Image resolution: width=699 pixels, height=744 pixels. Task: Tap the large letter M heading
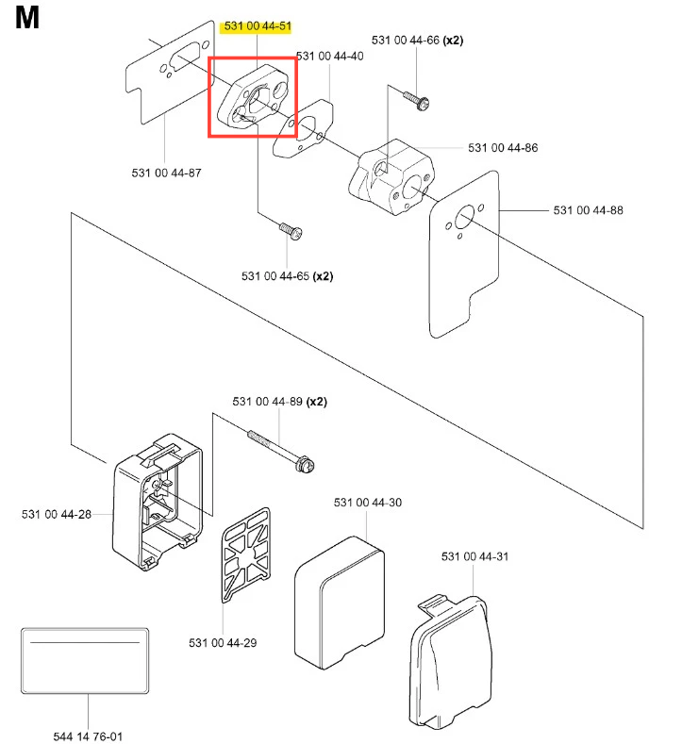pyautogui.click(x=28, y=20)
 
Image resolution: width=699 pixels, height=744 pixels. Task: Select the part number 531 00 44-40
pyautogui.click(x=329, y=57)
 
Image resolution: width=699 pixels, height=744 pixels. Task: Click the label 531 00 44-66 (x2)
pyautogui.click(x=417, y=41)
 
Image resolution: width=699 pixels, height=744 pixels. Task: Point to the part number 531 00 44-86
pyautogui.click(x=503, y=148)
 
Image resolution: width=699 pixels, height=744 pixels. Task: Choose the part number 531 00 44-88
pyautogui.click(x=588, y=209)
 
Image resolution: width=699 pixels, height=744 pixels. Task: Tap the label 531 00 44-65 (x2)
pyautogui.click(x=288, y=276)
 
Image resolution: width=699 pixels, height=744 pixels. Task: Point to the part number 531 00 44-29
pyautogui.click(x=223, y=643)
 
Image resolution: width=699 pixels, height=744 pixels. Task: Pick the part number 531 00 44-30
pyautogui.click(x=367, y=503)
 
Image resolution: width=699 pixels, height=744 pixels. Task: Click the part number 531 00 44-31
pyautogui.click(x=474, y=556)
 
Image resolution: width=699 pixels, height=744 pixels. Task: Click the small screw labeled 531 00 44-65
pyautogui.click(x=291, y=228)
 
